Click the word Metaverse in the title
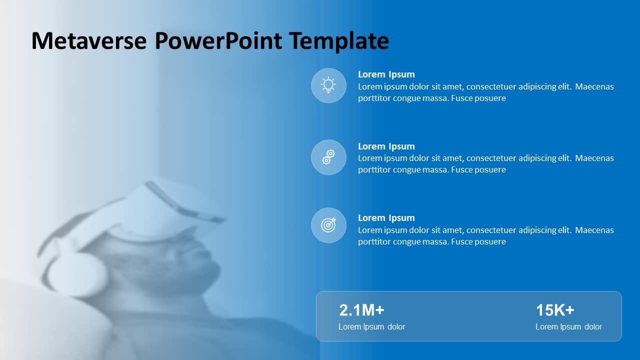tap(89, 40)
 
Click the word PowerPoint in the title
tap(218, 40)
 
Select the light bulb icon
tap(328, 85)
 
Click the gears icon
tap(328, 157)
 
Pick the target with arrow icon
tap(328, 225)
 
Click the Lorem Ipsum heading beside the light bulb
tap(386, 74)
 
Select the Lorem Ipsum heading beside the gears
tap(386, 146)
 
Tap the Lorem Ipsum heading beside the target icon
tap(386, 218)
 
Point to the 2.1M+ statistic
tap(361, 310)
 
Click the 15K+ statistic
tap(555, 310)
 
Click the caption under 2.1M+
tap(371, 327)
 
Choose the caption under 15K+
tap(568, 327)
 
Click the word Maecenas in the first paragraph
tap(594, 86)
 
